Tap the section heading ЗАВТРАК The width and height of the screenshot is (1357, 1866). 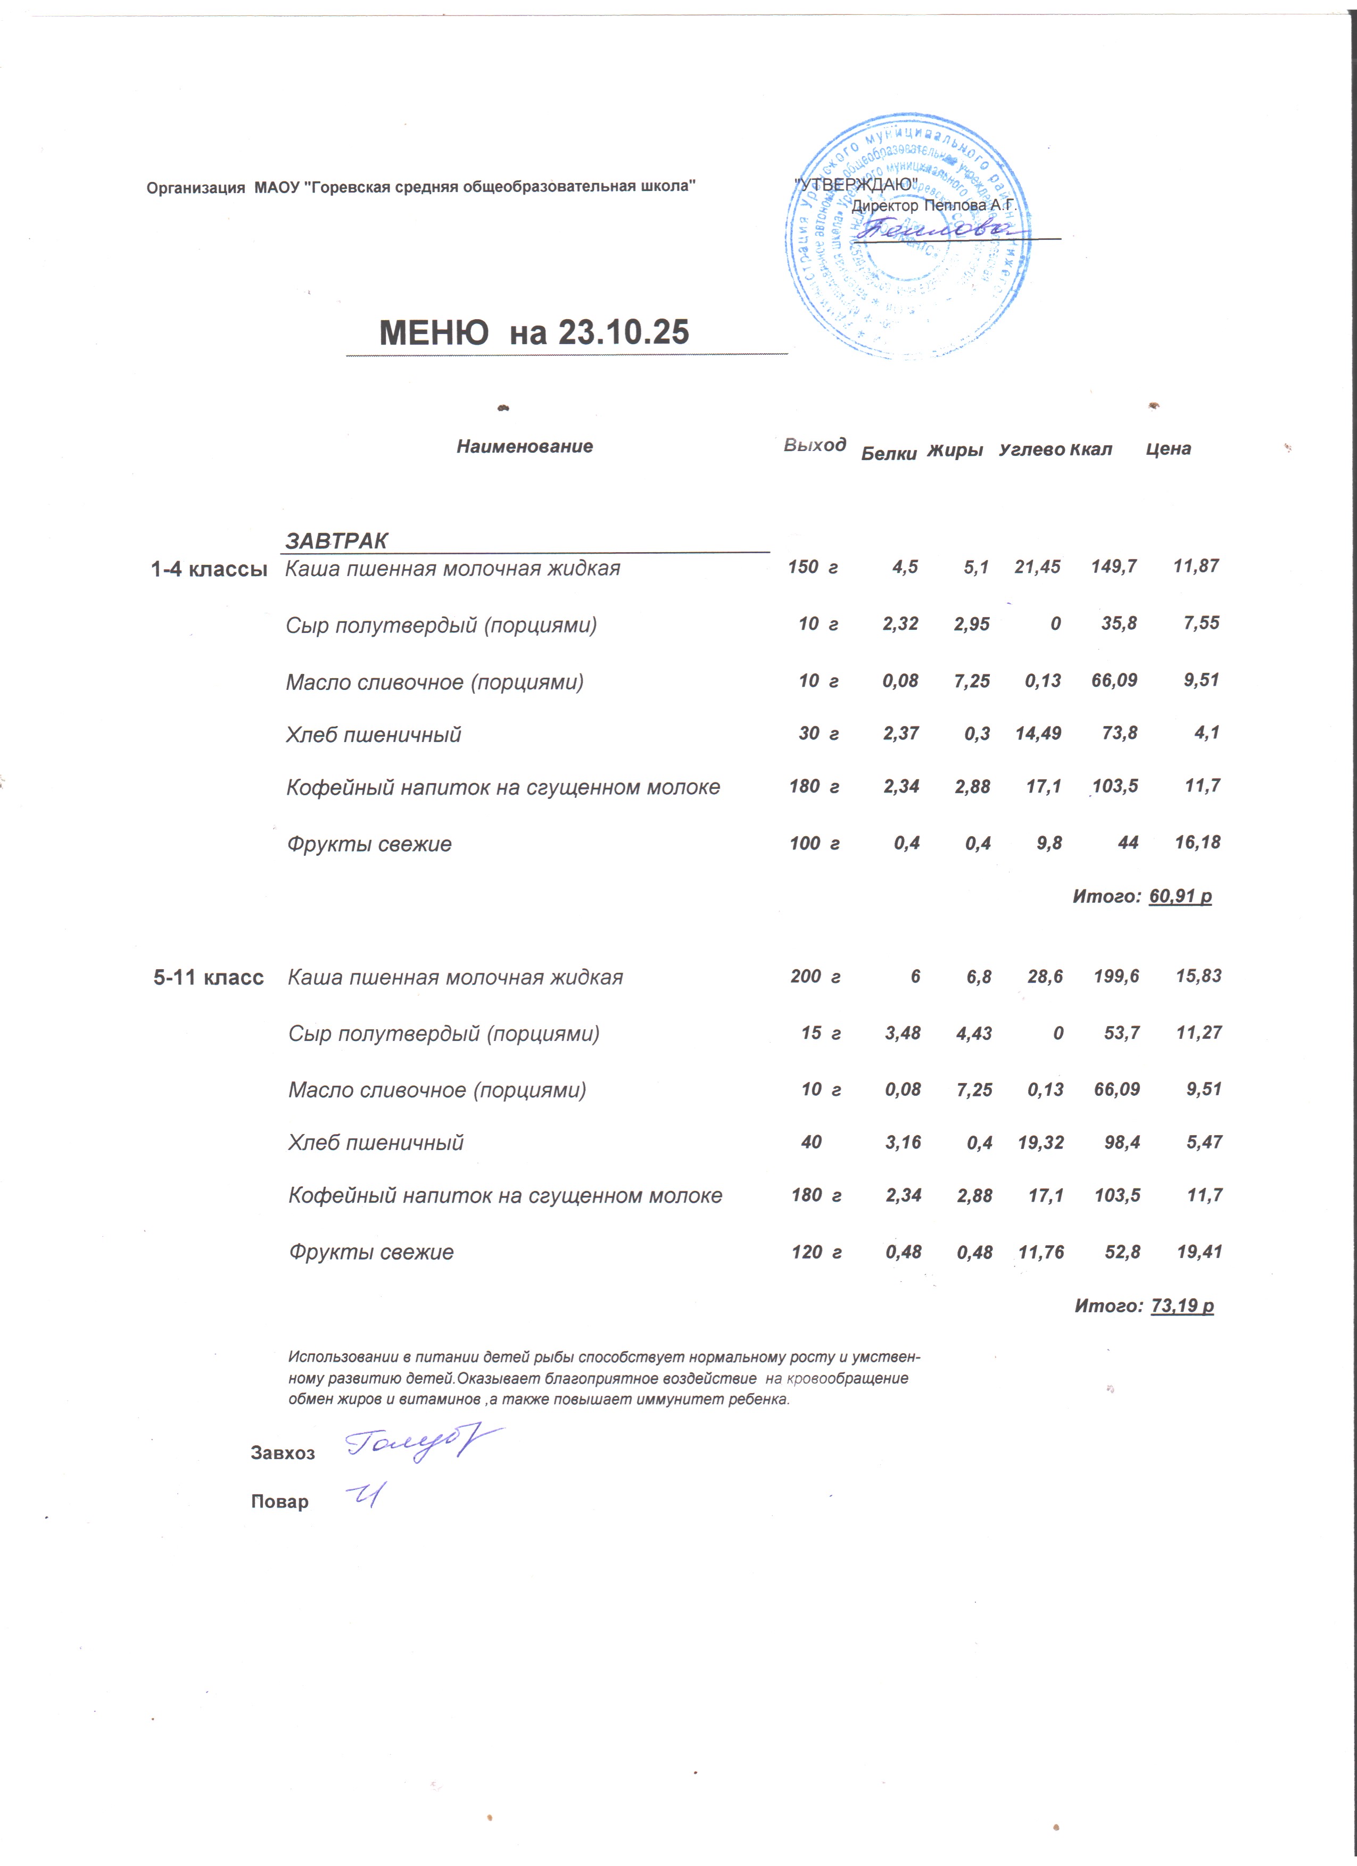tap(336, 540)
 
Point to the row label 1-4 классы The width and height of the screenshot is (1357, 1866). tap(209, 569)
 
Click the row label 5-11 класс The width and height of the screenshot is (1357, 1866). tap(209, 978)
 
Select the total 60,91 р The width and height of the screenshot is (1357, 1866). tap(1180, 896)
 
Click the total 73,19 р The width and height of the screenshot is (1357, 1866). tap(1182, 1306)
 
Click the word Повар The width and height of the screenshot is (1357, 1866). tap(280, 1502)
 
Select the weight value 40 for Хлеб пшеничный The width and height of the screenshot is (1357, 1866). tap(812, 1142)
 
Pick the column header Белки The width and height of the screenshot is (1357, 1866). tap(888, 453)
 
